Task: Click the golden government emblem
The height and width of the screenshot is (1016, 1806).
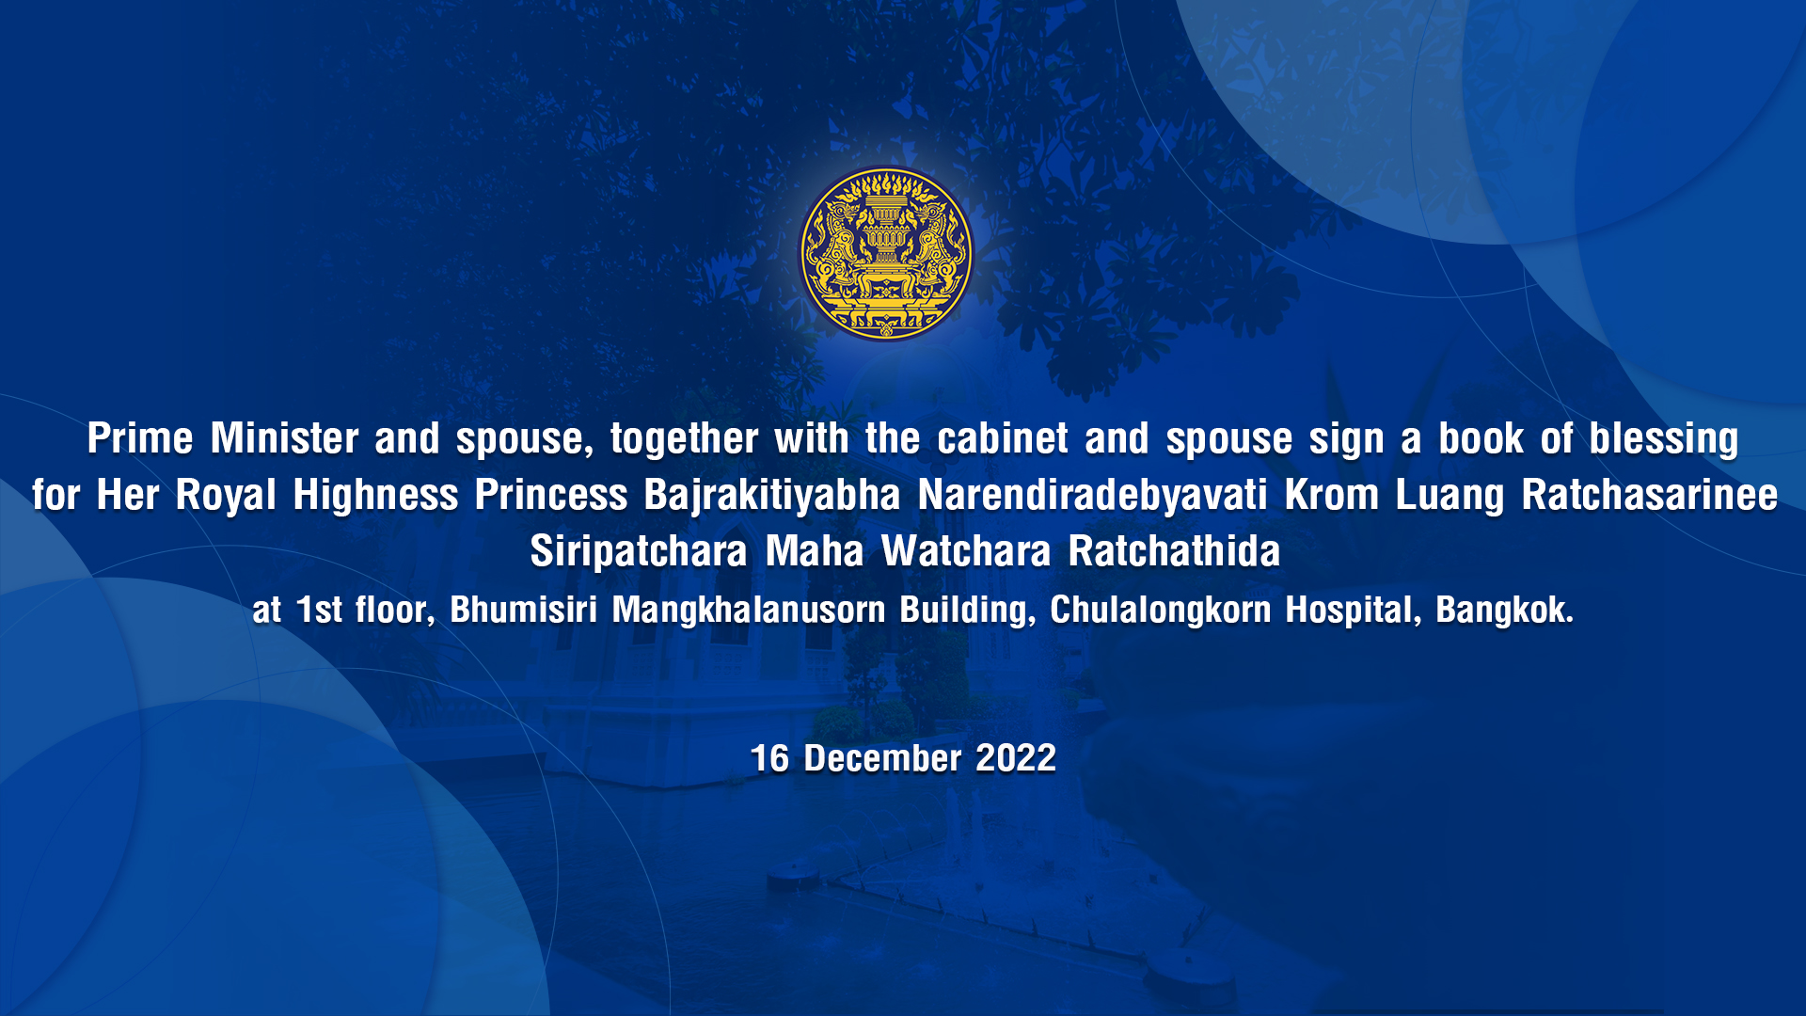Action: (x=886, y=253)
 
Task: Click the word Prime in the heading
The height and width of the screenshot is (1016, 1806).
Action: (x=140, y=438)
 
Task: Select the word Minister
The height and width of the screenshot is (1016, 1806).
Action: (x=285, y=438)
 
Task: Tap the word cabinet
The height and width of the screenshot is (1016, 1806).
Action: (x=1003, y=438)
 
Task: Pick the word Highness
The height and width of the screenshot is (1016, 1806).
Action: (x=375, y=495)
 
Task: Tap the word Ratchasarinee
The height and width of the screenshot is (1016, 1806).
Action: (x=1650, y=495)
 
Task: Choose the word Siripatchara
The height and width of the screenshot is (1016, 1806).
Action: (x=639, y=552)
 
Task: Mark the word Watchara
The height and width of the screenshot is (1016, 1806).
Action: (x=966, y=551)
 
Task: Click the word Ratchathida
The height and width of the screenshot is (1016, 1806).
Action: (x=1175, y=551)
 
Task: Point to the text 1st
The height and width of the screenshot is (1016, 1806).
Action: (x=320, y=610)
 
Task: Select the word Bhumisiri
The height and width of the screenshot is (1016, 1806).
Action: (x=524, y=610)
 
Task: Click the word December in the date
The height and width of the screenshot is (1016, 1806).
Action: (x=882, y=758)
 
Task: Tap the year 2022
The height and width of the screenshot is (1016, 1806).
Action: (x=1016, y=758)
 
